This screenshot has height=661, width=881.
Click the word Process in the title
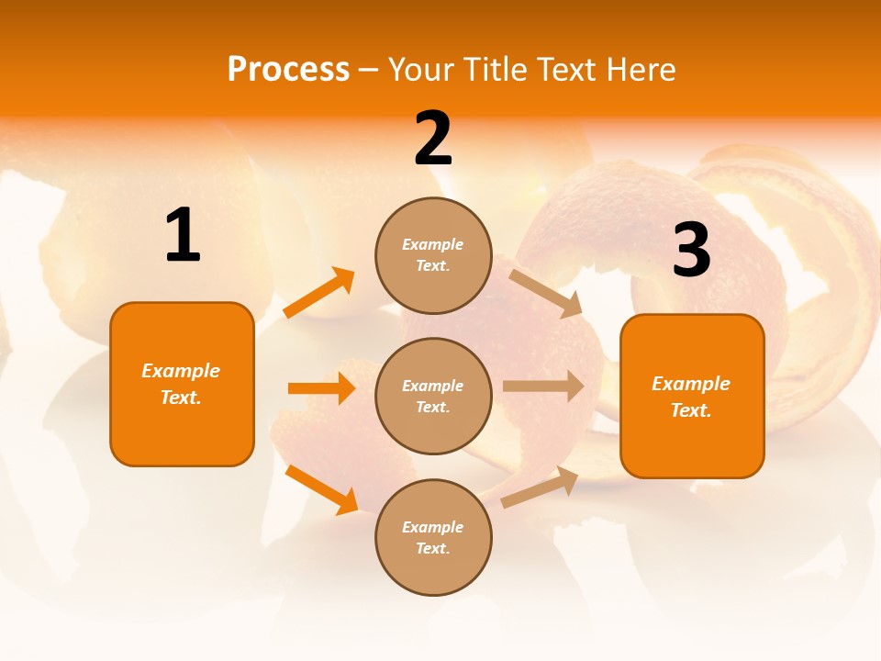288,70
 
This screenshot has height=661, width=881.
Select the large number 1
183,236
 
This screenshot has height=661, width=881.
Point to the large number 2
433,139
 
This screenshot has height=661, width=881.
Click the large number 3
691,251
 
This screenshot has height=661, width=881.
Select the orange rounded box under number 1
182,384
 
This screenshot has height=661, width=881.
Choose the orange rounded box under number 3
692,396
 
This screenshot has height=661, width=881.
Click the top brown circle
433,255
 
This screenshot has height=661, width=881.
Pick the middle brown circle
433,396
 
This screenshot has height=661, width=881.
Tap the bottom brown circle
433,537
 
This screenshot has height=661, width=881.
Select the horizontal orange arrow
321,388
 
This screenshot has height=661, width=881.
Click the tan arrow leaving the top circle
545,293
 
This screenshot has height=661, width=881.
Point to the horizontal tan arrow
542,387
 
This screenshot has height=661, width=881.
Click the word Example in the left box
181,371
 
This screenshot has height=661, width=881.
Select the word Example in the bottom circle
432,527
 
